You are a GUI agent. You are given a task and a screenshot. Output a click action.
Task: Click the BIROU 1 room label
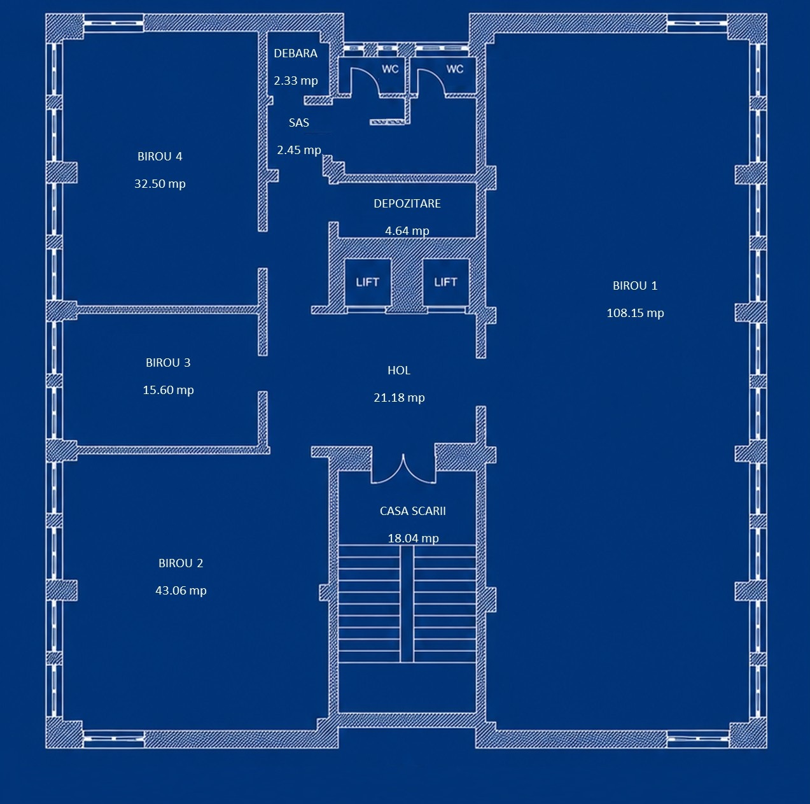tap(635, 286)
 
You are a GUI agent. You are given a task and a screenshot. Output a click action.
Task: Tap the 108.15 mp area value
tap(635, 313)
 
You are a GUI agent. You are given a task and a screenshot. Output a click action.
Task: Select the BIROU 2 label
tap(181, 563)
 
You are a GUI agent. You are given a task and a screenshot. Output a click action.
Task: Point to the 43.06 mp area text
tap(181, 590)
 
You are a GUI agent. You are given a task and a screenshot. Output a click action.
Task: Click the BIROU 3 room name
tap(168, 362)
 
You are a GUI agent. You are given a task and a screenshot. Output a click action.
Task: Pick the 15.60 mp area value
tap(168, 390)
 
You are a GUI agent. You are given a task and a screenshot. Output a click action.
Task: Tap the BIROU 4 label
tap(160, 156)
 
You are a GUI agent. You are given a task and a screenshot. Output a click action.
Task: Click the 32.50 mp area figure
tap(160, 183)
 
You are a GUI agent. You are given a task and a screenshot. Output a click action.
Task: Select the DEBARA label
tap(295, 53)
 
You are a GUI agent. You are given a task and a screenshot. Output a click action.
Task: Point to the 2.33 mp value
tap(295, 80)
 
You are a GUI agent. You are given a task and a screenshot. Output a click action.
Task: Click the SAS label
tap(299, 122)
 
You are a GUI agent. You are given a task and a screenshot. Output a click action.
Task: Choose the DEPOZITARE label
tap(407, 203)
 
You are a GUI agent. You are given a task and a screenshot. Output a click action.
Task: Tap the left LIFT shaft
tap(367, 282)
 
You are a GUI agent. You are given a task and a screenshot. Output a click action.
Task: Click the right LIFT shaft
tap(445, 282)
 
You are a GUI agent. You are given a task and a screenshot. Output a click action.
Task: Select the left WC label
tap(390, 69)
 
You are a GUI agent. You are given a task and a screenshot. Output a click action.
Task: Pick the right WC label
tap(455, 69)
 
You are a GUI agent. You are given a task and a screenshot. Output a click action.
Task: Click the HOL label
tap(399, 370)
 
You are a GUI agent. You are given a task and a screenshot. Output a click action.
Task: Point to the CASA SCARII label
tap(413, 511)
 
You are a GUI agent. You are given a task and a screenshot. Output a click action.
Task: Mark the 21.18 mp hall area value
tap(399, 398)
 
